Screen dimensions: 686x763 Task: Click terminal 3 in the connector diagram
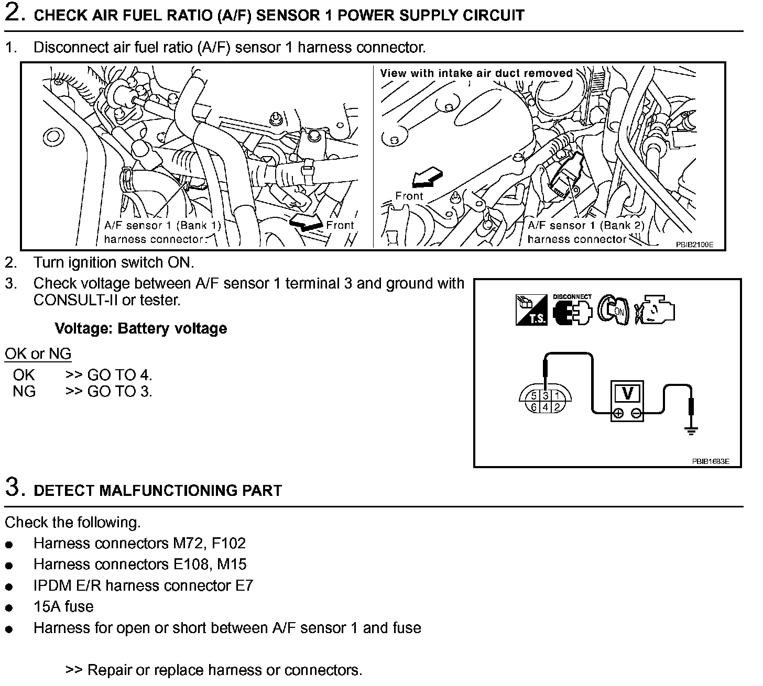(546, 396)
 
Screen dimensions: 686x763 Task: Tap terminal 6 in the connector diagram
(534, 407)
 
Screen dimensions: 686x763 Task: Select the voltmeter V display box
(626, 393)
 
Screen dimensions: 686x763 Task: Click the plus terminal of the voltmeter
(618, 414)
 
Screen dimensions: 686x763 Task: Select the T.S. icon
(531, 310)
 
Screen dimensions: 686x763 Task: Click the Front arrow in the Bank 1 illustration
(306, 224)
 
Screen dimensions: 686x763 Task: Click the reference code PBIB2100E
(695, 244)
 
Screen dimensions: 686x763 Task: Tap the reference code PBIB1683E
(710, 461)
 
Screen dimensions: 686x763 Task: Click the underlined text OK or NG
(38, 354)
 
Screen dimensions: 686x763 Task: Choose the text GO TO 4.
(119, 375)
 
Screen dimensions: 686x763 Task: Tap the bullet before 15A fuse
(9, 608)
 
